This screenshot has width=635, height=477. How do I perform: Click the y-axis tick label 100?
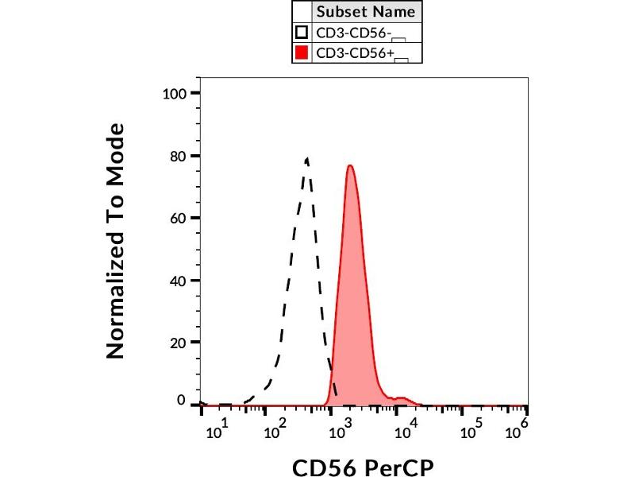(174, 94)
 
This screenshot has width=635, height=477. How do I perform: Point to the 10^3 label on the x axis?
(341, 432)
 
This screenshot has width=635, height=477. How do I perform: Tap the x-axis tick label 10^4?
(406, 432)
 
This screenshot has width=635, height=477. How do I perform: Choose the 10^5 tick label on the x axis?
(471, 432)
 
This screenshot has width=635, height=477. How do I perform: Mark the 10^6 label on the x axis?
(517, 432)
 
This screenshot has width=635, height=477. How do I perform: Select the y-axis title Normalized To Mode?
(116, 241)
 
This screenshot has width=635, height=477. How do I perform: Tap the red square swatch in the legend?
(302, 53)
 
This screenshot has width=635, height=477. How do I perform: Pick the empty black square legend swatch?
(302, 33)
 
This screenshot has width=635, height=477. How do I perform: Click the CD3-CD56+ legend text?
(355, 53)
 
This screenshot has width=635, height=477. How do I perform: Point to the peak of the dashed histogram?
(306, 158)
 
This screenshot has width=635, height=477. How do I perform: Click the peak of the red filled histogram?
(349, 165)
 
